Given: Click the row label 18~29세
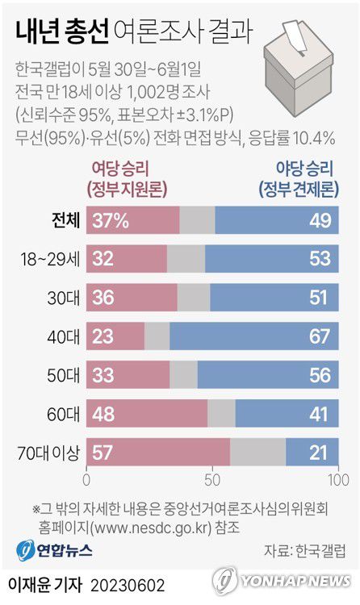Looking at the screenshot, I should (50, 259).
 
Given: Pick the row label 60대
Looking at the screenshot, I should (64, 414).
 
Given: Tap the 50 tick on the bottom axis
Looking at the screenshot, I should (212, 481).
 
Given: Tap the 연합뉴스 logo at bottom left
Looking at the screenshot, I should (55, 551).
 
